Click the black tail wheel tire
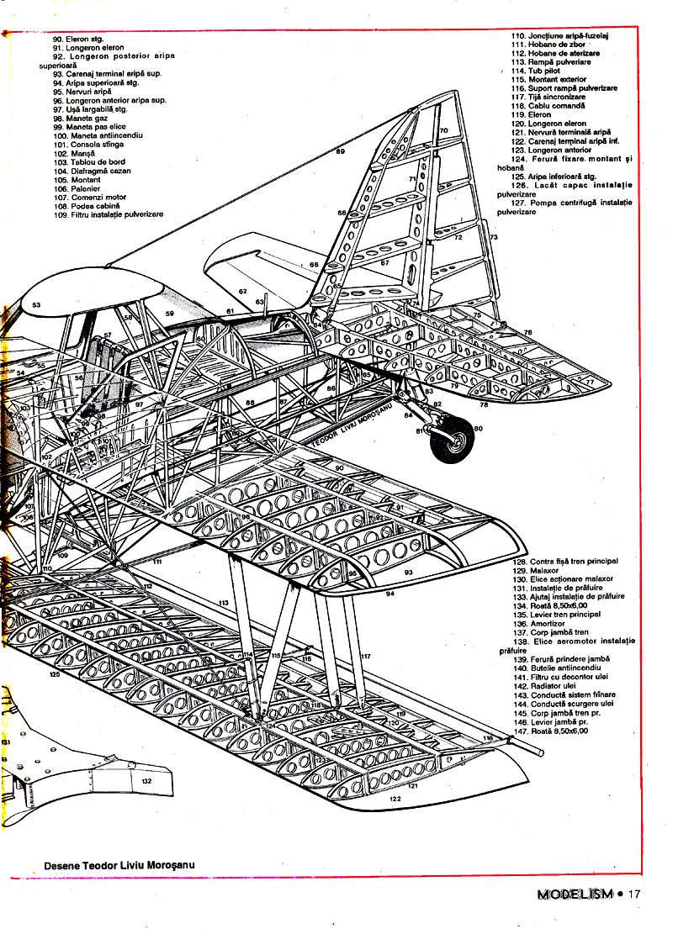point(452,442)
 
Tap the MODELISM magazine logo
point(575,895)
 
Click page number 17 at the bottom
point(634,895)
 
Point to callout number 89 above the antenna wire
point(341,152)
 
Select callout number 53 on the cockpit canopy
point(36,304)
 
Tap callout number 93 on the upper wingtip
point(408,572)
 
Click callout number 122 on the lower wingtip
point(395,800)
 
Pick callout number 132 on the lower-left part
point(146,781)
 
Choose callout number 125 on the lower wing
point(55,674)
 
